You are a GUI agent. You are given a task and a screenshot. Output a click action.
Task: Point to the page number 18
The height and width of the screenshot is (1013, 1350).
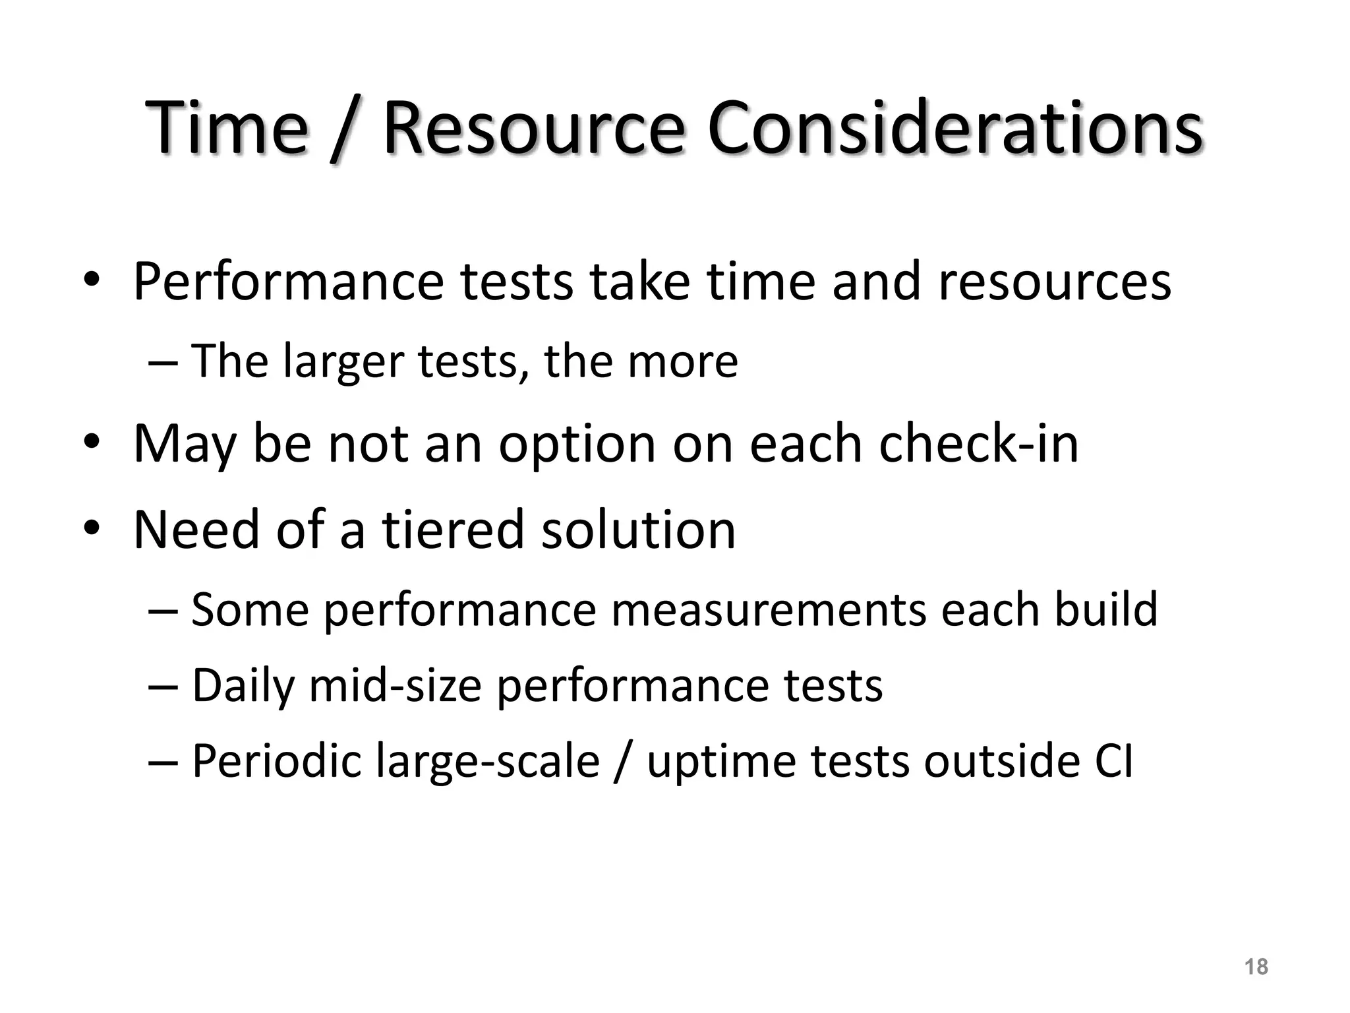[x=1256, y=967]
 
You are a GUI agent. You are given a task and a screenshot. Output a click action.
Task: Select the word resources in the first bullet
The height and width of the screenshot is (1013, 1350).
[x=1054, y=282]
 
